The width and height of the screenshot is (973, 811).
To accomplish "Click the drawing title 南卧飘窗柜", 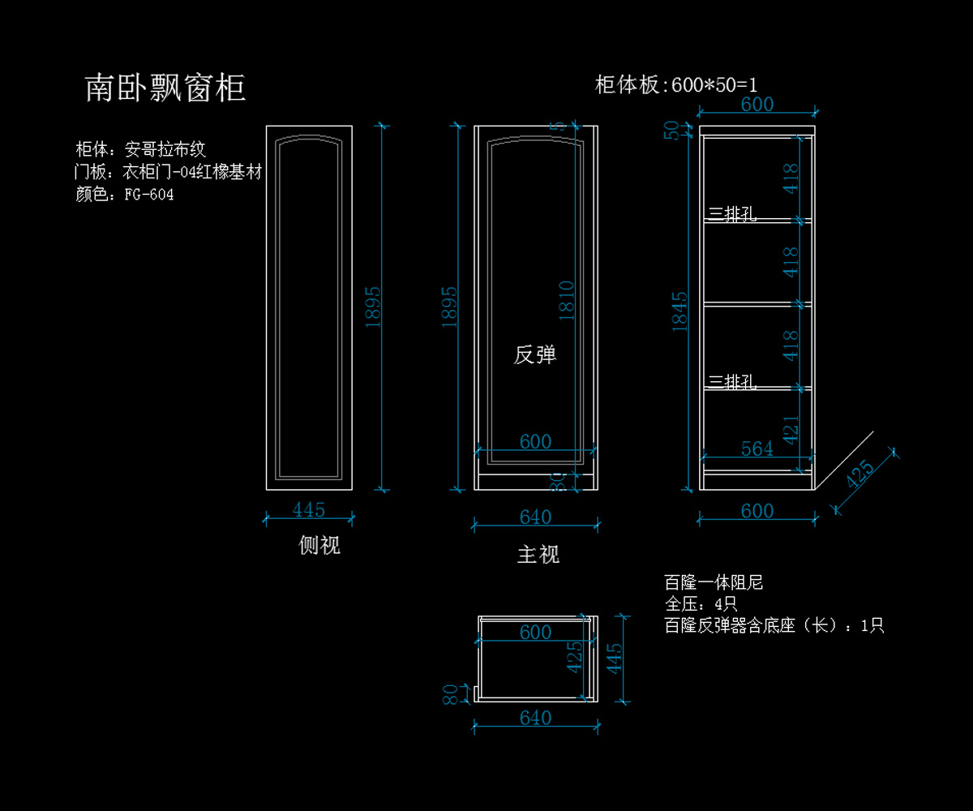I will point(165,88).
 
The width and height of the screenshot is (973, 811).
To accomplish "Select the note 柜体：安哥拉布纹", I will point(141,149).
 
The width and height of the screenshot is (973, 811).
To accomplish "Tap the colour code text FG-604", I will point(149,195).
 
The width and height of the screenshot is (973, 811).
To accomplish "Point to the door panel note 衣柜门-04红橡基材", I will point(192,172).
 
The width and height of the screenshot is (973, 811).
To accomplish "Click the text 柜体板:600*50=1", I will point(676,85).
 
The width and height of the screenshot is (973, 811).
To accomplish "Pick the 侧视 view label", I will point(319,546).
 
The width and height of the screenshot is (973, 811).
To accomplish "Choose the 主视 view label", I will point(538,555).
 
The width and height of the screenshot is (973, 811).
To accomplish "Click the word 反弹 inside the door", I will point(535,355).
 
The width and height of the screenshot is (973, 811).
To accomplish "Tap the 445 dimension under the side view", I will point(309,510).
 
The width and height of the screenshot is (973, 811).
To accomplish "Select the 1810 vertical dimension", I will point(567,300).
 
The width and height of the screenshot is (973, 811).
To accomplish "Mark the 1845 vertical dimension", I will point(680,311).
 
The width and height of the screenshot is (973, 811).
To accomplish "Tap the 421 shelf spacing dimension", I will point(791,429).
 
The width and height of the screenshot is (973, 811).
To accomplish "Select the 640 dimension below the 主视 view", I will point(535,517).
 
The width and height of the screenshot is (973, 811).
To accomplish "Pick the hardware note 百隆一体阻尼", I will point(714,582).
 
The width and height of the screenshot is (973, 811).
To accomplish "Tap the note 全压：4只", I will point(701,604).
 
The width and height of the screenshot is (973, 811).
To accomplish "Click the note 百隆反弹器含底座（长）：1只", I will point(774,626).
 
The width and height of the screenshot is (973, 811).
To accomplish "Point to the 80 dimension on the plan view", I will point(450,694).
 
